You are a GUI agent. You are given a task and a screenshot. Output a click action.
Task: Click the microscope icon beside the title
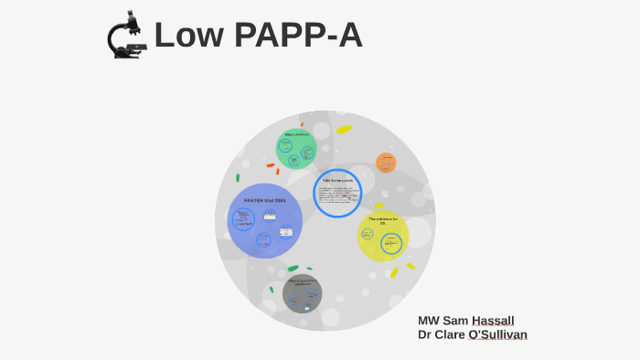[x=126, y=36]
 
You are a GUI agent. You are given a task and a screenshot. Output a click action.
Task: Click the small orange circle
[x=386, y=163]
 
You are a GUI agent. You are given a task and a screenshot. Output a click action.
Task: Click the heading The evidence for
[x=383, y=219]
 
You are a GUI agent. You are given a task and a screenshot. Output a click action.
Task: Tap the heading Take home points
[x=337, y=181]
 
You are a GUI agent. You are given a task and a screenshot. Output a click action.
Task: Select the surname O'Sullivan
[x=497, y=334]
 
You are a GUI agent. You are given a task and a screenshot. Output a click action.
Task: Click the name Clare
[x=450, y=334]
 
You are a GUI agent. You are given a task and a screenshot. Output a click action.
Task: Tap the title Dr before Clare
[x=425, y=334]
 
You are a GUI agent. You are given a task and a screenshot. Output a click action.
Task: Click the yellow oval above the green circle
[x=344, y=130]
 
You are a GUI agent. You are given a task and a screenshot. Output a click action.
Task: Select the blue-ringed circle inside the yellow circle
[x=391, y=243]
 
